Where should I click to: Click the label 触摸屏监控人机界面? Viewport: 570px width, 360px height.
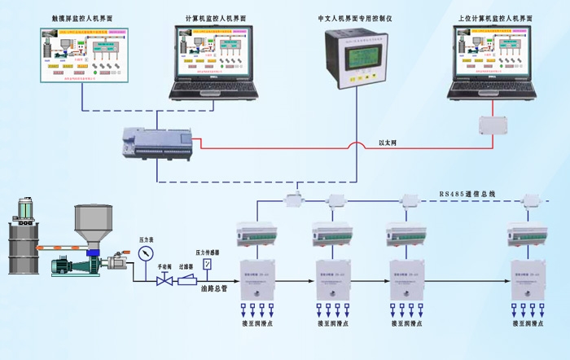(83, 16)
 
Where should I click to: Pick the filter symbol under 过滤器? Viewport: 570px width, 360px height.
(187, 279)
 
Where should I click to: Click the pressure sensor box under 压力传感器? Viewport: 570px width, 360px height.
(208, 264)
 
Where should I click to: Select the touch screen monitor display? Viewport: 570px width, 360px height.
(82, 55)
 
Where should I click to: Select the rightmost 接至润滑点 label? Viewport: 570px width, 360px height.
(525, 323)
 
